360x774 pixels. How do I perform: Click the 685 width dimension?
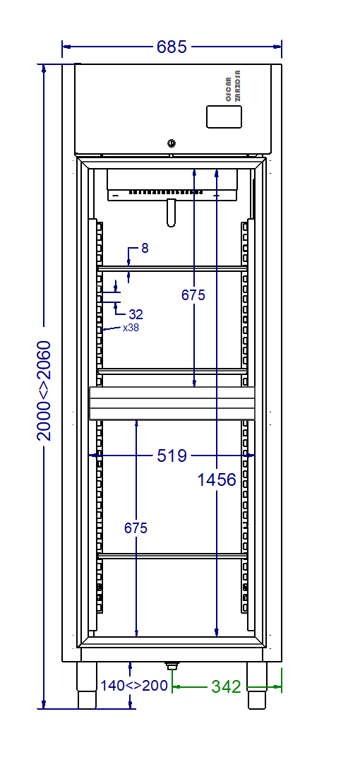click(172, 47)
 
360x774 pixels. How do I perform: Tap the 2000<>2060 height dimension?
click(44, 391)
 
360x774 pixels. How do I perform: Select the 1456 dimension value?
click(217, 480)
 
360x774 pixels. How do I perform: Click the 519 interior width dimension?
click(172, 456)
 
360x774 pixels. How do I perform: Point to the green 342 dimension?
click(226, 686)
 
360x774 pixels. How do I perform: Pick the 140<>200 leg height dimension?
click(134, 686)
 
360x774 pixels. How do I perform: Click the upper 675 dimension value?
click(193, 295)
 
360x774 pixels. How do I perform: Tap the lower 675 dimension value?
click(136, 528)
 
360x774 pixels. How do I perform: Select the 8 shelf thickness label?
click(145, 248)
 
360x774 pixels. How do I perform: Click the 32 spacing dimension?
click(136, 314)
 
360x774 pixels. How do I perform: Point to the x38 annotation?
click(131, 328)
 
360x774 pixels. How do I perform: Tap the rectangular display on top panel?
click(224, 117)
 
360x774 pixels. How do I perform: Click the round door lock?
click(172, 143)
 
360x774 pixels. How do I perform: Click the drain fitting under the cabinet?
click(171, 665)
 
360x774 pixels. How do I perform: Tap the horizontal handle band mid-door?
click(171, 403)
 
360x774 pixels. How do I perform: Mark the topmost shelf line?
click(172, 268)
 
